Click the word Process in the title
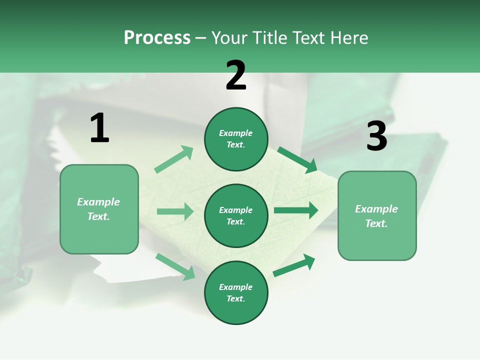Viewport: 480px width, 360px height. coord(157,37)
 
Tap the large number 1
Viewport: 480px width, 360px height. coord(99,128)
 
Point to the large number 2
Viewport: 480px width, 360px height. coord(236,75)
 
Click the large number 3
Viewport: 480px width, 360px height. coord(376,136)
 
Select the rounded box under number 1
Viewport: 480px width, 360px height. coord(99,209)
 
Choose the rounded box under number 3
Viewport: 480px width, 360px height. coord(377,216)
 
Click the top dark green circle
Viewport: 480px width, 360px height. coord(236,139)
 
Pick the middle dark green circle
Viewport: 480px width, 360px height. coord(236,215)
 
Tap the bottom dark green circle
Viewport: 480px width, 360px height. coord(236,292)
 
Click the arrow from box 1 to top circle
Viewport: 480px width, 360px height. coord(174,159)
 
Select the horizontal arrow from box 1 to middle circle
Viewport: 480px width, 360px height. coord(175,211)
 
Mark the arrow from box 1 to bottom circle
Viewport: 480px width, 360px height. coord(175,266)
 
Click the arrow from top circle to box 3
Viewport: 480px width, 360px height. coord(297,159)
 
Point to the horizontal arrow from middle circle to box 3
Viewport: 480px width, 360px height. coord(296,210)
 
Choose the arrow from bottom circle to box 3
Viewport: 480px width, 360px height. coord(294,265)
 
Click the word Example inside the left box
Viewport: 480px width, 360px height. coord(98,202)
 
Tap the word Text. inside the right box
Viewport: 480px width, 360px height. coord(376,223)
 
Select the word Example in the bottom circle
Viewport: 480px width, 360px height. coord(236,287)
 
